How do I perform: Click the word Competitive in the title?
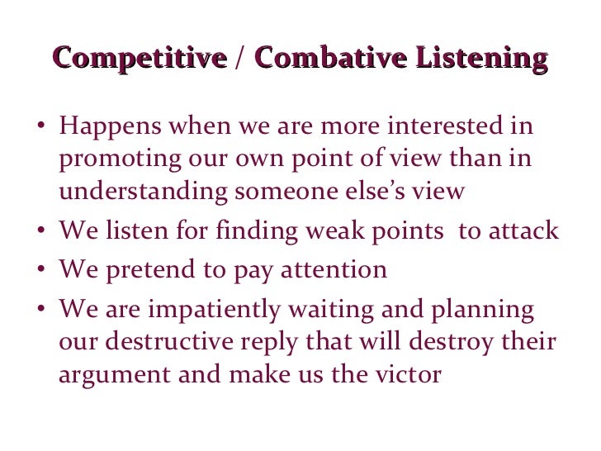click(x=139, y=59)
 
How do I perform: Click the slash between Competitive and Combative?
click(x=239, y=59)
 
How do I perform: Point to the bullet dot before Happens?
click(x=41, y=130)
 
